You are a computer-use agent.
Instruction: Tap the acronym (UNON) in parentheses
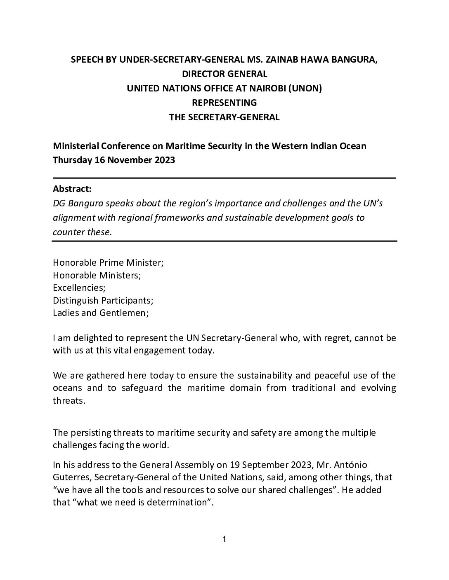(x=305, y=89)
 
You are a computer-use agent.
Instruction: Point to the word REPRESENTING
(x=224, y=103)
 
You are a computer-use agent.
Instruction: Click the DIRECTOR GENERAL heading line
(x=224, y=74)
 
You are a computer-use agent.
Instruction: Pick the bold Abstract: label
(x=72, y=189)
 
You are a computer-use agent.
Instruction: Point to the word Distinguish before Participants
(x=77, y=300)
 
